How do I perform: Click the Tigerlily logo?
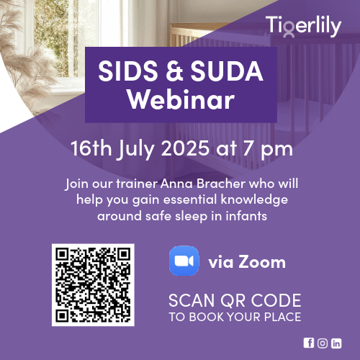click(303, 27)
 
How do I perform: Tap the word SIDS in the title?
click(127, 71)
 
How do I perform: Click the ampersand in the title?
click(174, 71)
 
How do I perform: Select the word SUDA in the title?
click(227, 71)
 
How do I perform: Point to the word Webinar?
click(181, 99)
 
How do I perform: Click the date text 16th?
click(91, 148)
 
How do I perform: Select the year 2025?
click(185, 148)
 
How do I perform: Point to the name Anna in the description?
click(176, 184)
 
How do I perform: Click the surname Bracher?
click(221, 184)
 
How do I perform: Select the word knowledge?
click(254, 200)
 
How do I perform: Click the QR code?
click(93, 285)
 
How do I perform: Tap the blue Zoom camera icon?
click(184, 261)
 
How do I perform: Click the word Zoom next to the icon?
click(262, 261)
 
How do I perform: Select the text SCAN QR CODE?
click(235, 300)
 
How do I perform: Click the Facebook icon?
click(309, 343)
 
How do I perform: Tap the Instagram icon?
click(323, 343)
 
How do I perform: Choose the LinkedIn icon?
click(336, 343)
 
